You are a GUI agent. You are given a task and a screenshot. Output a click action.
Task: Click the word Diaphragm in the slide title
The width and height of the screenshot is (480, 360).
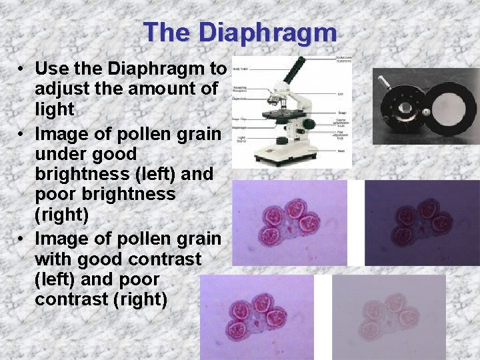[269, 31]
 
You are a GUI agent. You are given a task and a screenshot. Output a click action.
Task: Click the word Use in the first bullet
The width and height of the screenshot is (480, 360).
[53, 69]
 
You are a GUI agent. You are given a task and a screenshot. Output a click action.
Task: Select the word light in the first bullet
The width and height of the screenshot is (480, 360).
[55, 109]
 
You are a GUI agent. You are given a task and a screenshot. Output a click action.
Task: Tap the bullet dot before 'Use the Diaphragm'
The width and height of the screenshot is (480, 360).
[23, 69]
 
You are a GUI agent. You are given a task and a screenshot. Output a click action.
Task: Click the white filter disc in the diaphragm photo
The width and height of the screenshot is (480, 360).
[448, 107]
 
